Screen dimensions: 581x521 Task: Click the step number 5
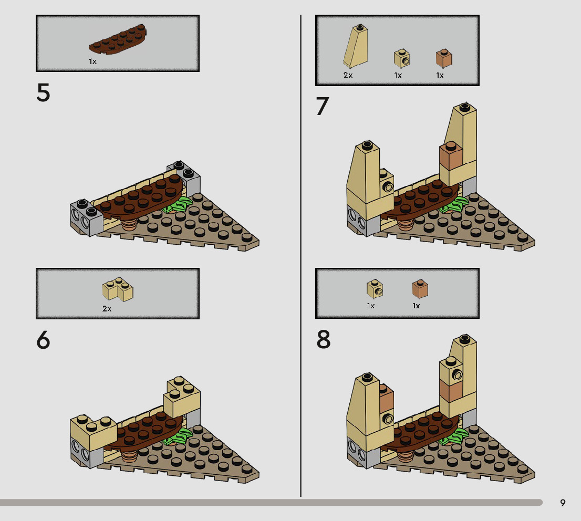[x=43, y=92]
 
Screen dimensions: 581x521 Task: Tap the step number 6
[x=43, y=340]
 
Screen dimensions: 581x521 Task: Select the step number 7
[x=323, y=106]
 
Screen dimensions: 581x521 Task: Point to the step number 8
[x=323, y=339]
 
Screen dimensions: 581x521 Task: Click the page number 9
[x=563, y=503]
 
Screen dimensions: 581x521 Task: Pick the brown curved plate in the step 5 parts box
[x=118, y=39]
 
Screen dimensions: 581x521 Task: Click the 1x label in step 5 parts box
[x=92, y=61]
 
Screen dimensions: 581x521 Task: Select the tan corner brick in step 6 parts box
[x=118, y=289]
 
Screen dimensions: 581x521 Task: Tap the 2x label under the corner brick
[x=107, y=309]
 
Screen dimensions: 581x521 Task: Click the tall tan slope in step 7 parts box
[x=356, y=46]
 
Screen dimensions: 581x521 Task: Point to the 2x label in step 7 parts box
[x=348, y=75]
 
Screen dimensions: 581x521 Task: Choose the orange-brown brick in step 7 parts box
[x=444, y=58]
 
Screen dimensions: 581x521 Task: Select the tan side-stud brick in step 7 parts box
[x=402, y=58]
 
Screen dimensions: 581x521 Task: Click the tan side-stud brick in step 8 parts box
[x=375, y=289]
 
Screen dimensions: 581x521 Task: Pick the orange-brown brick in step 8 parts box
[x=420, y=289]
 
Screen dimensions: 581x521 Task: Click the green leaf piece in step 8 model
[x=454, y=435]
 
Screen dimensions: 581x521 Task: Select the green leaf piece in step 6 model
[x=179, y=436]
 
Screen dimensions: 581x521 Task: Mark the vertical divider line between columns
[x=300, y=256]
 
